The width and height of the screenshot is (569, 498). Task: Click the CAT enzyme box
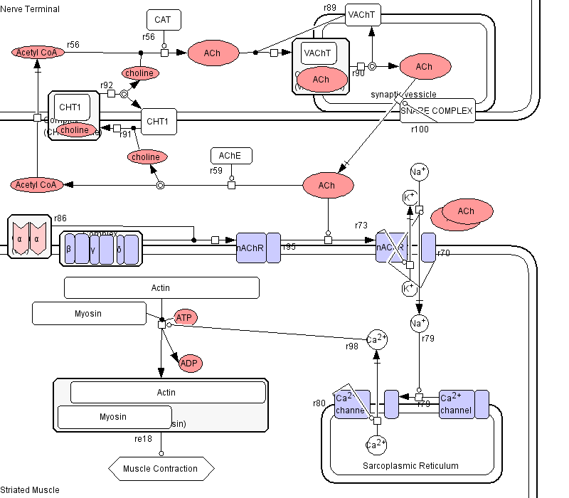pos(163,20)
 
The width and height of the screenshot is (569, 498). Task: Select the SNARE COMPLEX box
pos(437,111)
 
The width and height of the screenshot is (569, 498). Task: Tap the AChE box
pos(230,156)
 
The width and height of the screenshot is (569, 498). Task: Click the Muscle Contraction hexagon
pos(161,468)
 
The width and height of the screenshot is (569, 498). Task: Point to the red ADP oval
pos(189,363)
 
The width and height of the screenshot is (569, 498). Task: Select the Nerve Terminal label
pos(30,9)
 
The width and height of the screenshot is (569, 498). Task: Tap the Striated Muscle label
pos(30,490)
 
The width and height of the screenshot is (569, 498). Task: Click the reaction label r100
pos(420,129)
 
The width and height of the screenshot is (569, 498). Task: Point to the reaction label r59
pos(216,171)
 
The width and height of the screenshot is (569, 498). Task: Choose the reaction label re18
pos(143,439)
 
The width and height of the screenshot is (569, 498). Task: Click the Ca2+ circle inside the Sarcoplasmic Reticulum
pos(376,445)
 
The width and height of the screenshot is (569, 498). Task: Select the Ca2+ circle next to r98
pos(377,339)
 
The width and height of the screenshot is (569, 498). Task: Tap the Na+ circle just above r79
pos(420,324)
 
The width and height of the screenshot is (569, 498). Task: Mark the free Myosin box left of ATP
pos(88,314)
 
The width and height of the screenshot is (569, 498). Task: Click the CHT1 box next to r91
pos(158,122)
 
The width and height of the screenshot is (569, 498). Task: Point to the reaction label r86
pos(60,218)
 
